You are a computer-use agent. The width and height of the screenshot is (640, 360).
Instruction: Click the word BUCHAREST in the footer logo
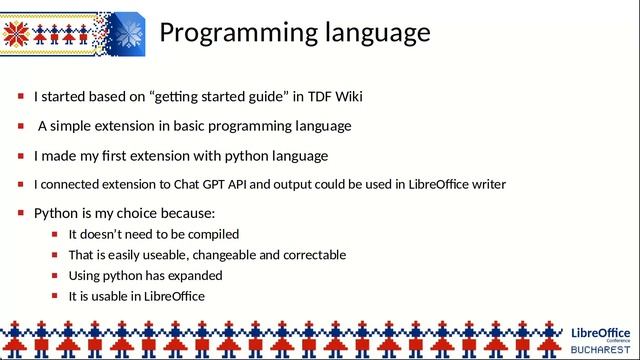(601, 350)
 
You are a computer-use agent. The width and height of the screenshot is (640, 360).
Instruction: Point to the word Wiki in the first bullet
(347, 97)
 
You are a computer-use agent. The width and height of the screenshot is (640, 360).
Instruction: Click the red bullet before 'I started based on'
(21, 97)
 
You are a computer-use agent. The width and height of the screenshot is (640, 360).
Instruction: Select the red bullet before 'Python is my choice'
(21, 214)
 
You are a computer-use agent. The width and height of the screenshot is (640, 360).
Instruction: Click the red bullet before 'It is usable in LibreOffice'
(56, 296)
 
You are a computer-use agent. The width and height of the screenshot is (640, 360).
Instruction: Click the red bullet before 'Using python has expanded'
(56, 275)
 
